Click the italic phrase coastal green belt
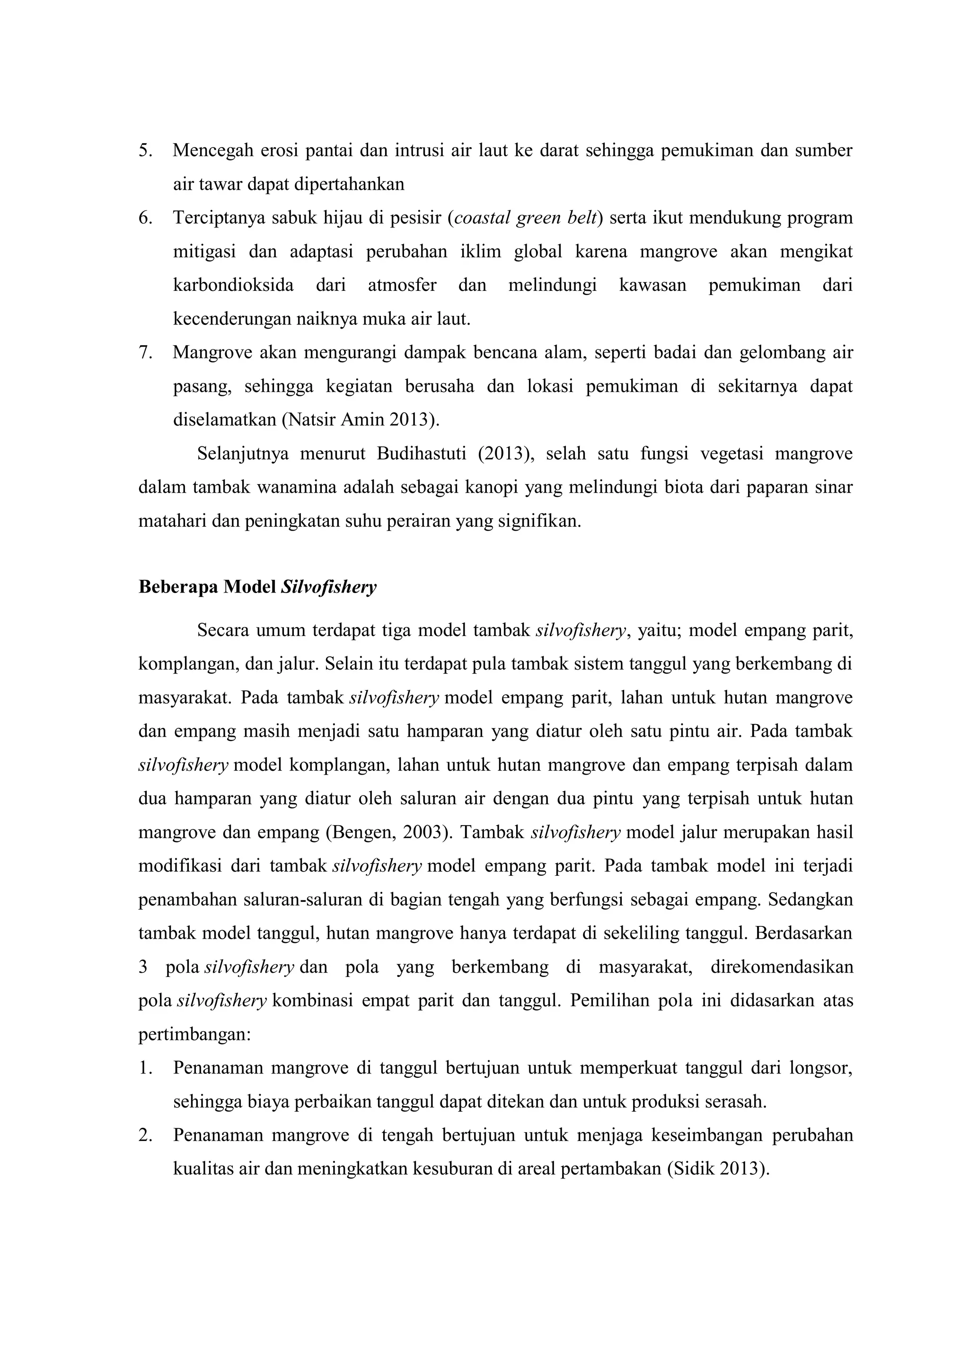pos(526,218)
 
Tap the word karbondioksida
pos(233,286)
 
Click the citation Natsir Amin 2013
pos(359,420)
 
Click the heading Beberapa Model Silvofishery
pos(257,588)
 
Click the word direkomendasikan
pos(781,967)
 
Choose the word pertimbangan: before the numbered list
pos(194,1035)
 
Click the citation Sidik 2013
pos(715,1169)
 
